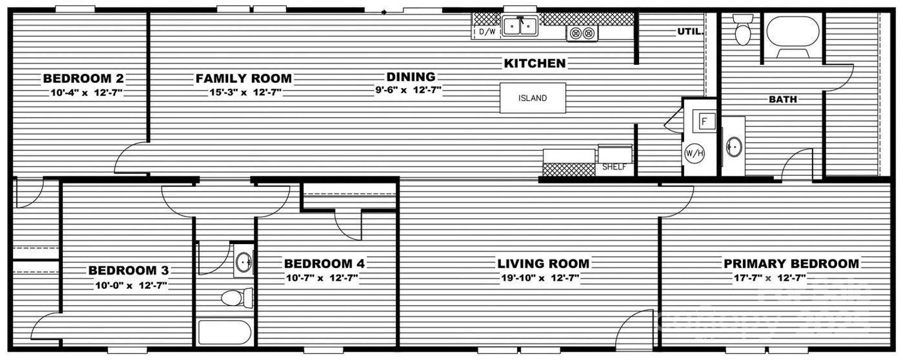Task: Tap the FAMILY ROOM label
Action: tap(244, 79)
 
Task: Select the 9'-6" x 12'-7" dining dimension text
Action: tap(409, 91)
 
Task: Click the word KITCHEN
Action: tap(534, 63)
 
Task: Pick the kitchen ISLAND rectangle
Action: tap(533, 98)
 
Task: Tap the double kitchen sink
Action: tap(520, 26)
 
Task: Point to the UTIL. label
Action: tap(690, 31)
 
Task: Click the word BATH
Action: tap(783, 100)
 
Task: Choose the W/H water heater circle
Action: tap(695, 154)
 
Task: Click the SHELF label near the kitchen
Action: tap(614, 167)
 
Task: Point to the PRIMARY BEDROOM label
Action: tap(791, 263)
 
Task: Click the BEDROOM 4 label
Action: tap(324, 263)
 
